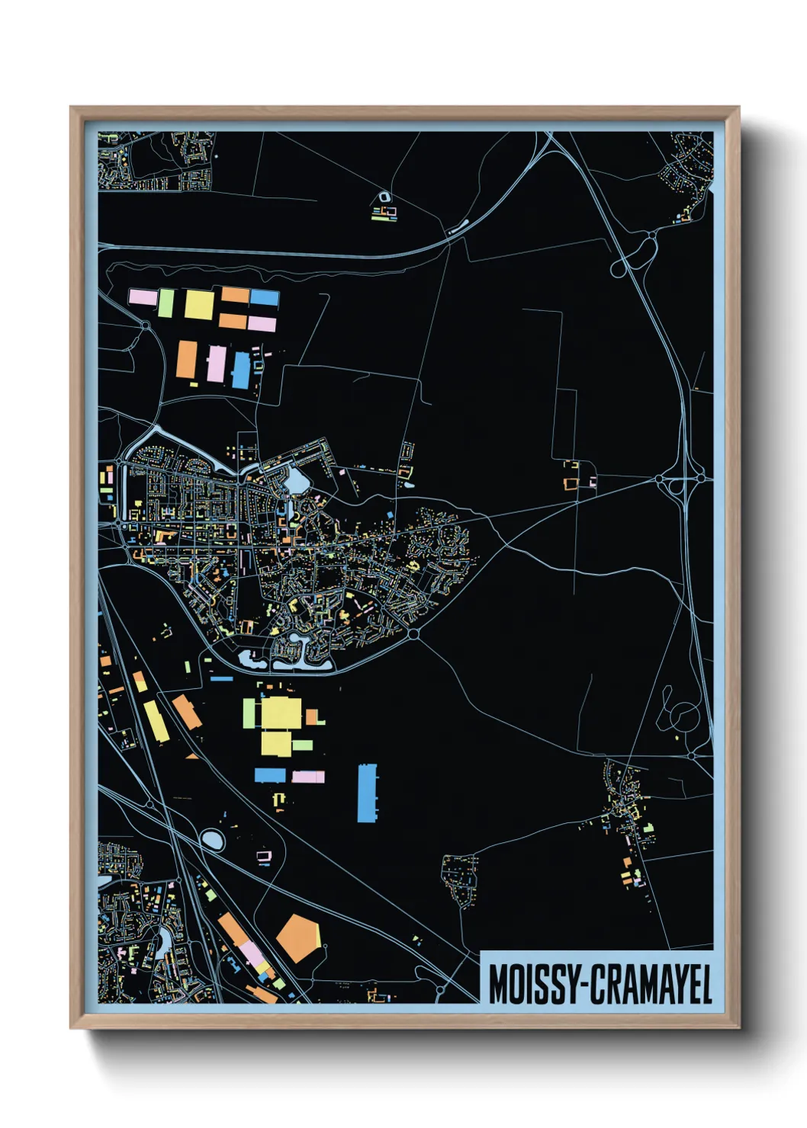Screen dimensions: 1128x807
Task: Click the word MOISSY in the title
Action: point(532,985)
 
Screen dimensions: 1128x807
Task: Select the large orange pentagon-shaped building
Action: point(297,937)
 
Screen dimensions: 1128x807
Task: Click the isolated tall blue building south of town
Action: point(367,793)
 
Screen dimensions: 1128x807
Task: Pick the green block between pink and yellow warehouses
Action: point(166,303)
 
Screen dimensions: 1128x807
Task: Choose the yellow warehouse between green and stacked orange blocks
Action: point(199,304)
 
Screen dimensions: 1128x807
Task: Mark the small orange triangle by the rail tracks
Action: point(191,756)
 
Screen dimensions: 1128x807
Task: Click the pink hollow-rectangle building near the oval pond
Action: point(264,857)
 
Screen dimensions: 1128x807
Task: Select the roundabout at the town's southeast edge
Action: point(413,633)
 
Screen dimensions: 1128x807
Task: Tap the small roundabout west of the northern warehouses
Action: point(145,326)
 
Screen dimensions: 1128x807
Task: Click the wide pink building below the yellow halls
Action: point(308,777)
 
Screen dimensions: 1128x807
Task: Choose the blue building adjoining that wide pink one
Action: point(270,775)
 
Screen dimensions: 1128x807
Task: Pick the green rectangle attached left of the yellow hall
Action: point(249,713)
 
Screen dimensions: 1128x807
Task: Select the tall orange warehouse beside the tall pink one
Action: point(187,359)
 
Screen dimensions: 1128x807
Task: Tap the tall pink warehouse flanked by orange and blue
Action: point(217,364)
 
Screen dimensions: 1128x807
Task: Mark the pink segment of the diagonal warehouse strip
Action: point(250,953)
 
